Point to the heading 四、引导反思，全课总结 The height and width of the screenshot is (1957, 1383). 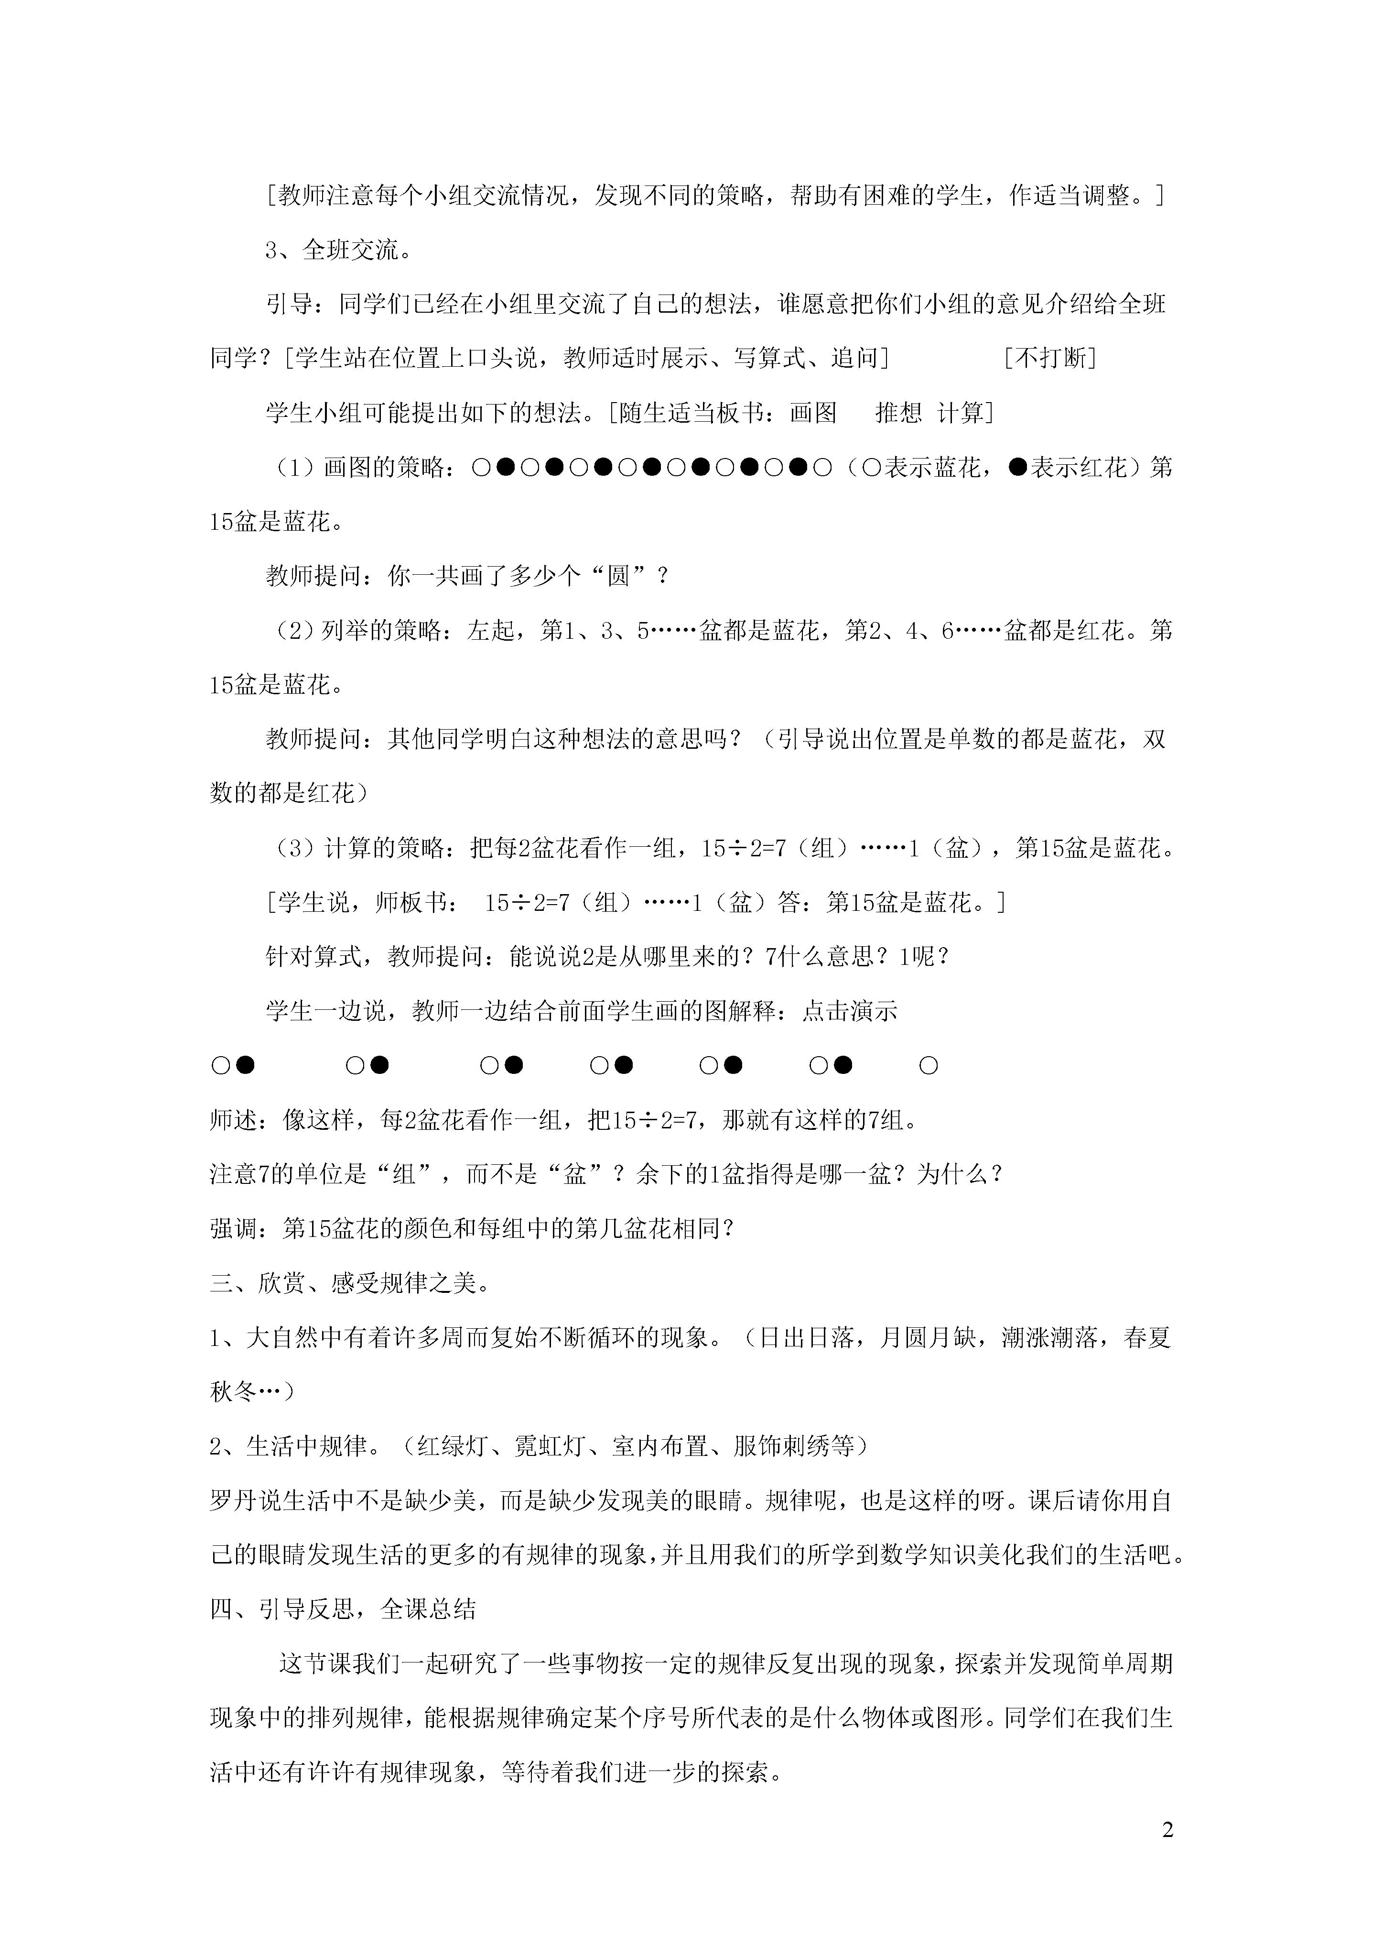click(x=344, y=1609)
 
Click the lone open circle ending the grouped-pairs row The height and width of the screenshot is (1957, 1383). click(x=929, y=1065)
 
